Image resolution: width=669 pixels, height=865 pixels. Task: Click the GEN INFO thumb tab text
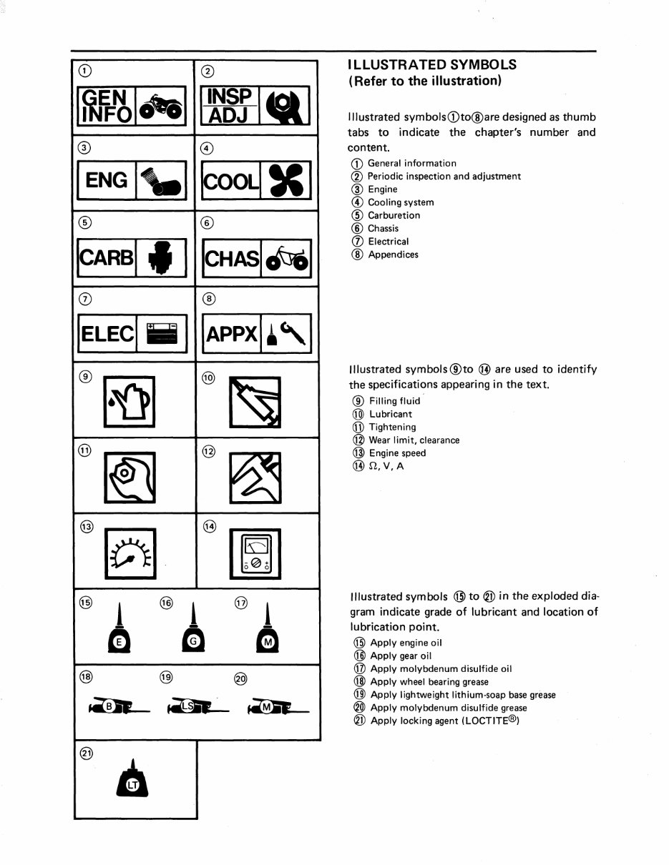105,105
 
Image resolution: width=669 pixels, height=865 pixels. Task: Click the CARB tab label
106,257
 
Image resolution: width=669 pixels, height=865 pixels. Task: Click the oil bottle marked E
120,633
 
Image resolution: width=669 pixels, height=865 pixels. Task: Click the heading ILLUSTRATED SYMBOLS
431,64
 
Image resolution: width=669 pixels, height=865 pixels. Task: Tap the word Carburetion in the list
394,215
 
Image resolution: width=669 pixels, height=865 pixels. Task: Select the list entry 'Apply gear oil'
401,656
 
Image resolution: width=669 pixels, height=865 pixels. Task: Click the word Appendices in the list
393,254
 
